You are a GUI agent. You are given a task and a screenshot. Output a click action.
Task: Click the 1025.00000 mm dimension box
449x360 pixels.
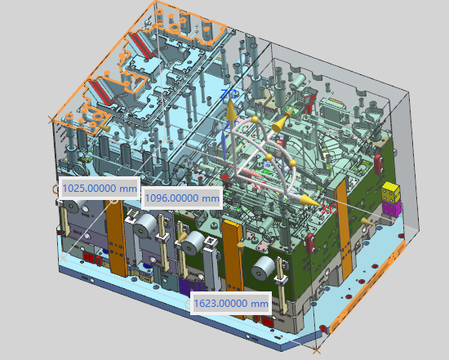click(x=100, y=188)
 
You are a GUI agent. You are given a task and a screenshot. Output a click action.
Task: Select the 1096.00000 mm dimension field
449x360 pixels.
click(x=182, y=198)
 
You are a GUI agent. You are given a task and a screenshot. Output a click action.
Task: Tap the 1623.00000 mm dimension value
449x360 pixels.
click(x=231, y=303)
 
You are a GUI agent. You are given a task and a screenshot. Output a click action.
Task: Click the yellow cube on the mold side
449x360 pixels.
click(x=391, y=191)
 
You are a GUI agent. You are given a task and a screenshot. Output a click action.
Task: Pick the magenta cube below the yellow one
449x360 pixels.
click(x=391, y=208)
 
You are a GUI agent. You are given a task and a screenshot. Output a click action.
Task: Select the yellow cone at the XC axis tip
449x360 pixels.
click(x=310, y=201)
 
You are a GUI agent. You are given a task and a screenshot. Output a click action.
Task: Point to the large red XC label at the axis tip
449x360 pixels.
click(x=328, y=209)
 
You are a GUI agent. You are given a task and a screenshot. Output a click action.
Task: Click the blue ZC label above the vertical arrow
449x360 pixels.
click(x=229, y=94)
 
